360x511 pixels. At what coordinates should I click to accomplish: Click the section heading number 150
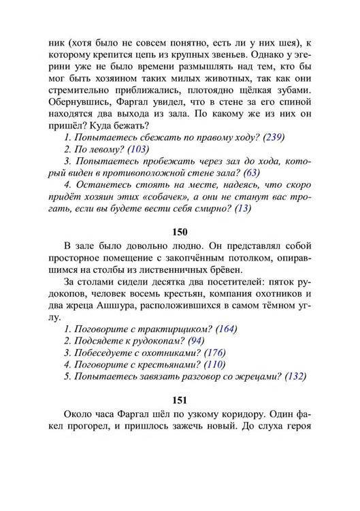(x=180, y=232)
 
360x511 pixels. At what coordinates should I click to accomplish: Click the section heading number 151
(x=180, y=400)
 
